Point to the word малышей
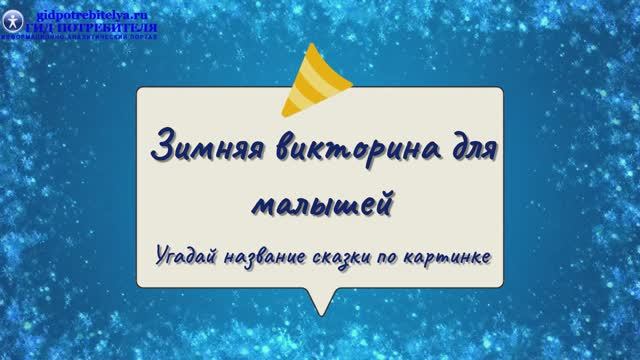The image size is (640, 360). [320, 200]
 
